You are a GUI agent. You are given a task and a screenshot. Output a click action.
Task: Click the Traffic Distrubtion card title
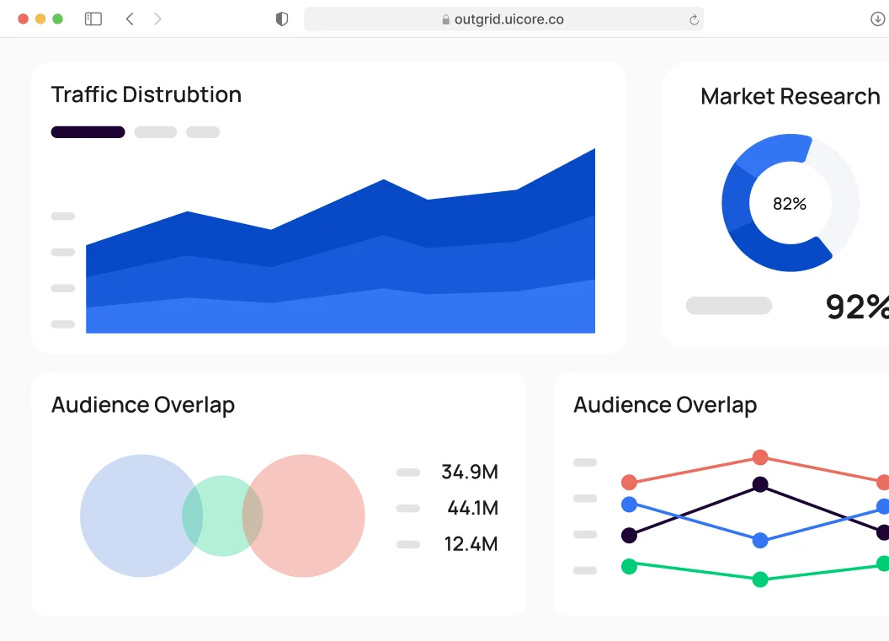pos(146,94)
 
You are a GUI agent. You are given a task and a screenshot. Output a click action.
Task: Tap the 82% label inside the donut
pos(790,204)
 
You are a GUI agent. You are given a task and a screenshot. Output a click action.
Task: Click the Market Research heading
pos(791,97)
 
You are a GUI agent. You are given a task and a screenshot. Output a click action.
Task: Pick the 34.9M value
pos(470,473)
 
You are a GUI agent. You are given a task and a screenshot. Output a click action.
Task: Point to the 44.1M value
pos(473,509)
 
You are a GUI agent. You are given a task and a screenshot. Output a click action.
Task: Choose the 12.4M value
pos(471,544)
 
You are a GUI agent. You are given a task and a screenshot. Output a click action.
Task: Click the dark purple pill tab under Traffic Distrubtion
pos(88,132)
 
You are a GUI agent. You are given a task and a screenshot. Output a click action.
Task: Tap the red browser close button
pos(23,19)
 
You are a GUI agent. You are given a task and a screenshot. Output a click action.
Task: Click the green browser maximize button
pos(57,19)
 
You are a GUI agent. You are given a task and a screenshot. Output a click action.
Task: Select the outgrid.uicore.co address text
pos(508,19)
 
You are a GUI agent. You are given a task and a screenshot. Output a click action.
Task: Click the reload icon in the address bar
pos(694,19)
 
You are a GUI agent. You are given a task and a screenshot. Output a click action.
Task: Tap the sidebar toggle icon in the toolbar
pos(93,19)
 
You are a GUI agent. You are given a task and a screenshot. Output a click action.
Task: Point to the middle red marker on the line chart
pos(760,457)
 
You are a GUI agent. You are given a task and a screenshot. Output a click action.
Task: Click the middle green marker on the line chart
pos(760,580)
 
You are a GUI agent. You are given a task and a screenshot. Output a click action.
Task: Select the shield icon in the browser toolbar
pos(282,19)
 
